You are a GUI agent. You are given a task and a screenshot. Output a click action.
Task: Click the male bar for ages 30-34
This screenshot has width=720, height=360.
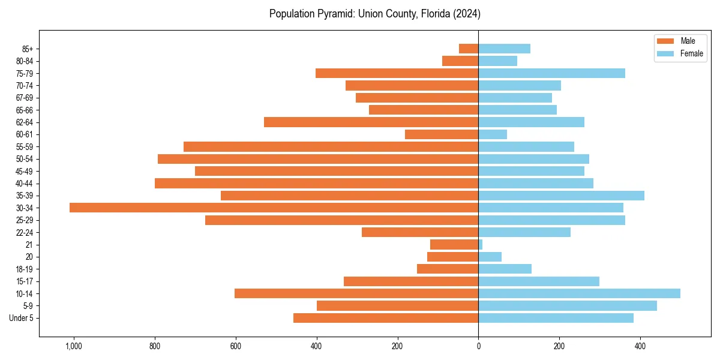pos(274,208)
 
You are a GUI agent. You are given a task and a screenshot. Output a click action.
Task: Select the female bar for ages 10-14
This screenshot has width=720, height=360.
pos(579,293)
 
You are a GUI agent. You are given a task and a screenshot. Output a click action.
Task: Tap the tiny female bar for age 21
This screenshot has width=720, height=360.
pos(481,245)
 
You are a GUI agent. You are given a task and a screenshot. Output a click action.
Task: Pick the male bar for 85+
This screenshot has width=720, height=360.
pos(469,49)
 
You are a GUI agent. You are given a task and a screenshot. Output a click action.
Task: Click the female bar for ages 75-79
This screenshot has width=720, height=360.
pos(551,73)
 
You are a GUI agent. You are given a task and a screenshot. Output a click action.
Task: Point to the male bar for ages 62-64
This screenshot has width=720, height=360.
pos(371,122)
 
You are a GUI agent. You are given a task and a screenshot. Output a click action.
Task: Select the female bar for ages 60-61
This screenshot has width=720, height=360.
pos(493,134)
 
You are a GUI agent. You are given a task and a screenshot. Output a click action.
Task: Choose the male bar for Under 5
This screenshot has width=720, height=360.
pos(386,318)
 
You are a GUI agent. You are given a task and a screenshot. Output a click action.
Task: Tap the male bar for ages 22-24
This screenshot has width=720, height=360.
pos(420,232)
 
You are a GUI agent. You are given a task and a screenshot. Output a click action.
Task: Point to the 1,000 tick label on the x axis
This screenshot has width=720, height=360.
pos(74,347)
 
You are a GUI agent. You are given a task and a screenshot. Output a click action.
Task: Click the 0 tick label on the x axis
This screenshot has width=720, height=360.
pos(478,347)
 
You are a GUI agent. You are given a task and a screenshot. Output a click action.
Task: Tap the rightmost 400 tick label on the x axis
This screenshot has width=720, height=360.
pos(640,347)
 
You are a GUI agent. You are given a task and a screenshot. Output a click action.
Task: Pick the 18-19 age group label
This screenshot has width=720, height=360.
pos(25,269)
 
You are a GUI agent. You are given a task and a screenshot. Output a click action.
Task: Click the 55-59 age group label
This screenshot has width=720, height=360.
pos(25,147)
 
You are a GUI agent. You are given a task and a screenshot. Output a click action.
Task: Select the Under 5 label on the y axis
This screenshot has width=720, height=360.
pos(21,318)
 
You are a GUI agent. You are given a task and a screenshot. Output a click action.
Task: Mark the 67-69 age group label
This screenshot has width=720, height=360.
pos(25,98)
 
